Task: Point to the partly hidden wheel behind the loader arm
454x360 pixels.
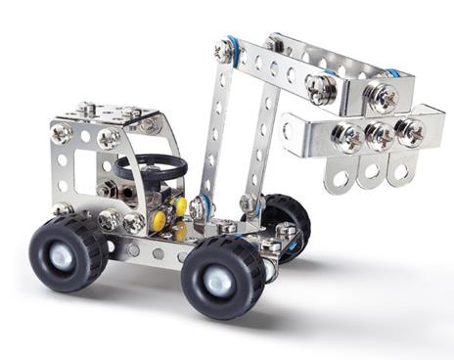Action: pyautogui.click(x=285, y=221)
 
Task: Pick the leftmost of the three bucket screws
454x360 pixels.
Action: pyautogui.click(x=344, y=134)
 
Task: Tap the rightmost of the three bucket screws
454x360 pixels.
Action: pyautogui.click(x=409, y=132)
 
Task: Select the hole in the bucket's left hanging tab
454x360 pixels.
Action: pyautogui.click(x=339, y=178)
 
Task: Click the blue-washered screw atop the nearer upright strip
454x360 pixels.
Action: pyautogui.click(x=225, y=51)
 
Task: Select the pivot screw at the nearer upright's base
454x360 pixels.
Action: pyautogui.click(x=201, y=207)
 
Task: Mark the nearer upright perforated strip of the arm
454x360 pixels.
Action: pyautogui.click(x=212, y=132)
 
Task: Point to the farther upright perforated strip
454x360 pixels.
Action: pyautogui.click(x=262, y=147)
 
